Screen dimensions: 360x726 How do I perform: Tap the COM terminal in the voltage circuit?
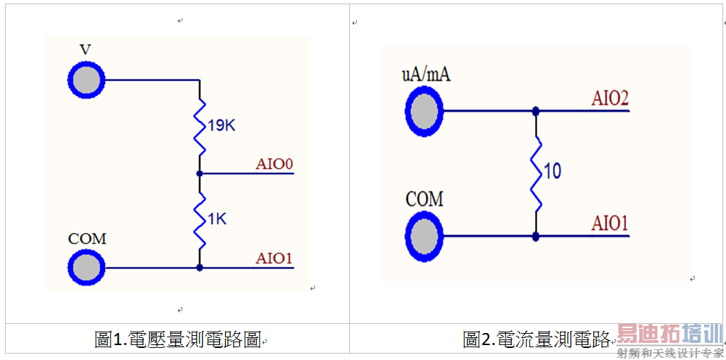click(x=86, y=267)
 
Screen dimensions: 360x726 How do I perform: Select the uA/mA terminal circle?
click(x=424, y=111)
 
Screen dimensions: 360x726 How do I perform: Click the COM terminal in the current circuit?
click(x=424, y=235)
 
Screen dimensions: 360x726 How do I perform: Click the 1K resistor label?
click(x=216, y=220)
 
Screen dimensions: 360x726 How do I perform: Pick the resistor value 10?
click(x=551, y=171)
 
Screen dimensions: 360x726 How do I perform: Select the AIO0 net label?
click(x=275, y=164)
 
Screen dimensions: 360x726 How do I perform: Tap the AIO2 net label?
click(x=610, y=99)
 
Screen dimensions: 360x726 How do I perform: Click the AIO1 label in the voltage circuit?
click(x=274, y=258)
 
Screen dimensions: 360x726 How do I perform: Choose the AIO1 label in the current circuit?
click(x=610, y=224)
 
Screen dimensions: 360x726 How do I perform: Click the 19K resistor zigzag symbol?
click(x=200, y=126)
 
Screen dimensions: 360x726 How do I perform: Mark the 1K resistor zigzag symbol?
click(x=200, y=220)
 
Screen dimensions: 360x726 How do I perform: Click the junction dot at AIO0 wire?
click(x=200, y=173)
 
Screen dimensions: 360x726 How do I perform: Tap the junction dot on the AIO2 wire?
click(x=536, y=111)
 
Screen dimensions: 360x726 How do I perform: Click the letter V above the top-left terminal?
click(x=85, y=50)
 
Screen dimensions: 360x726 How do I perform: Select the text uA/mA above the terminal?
click(x=426, y=74)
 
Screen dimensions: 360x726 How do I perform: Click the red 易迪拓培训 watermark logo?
click(x=669, y=334)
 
